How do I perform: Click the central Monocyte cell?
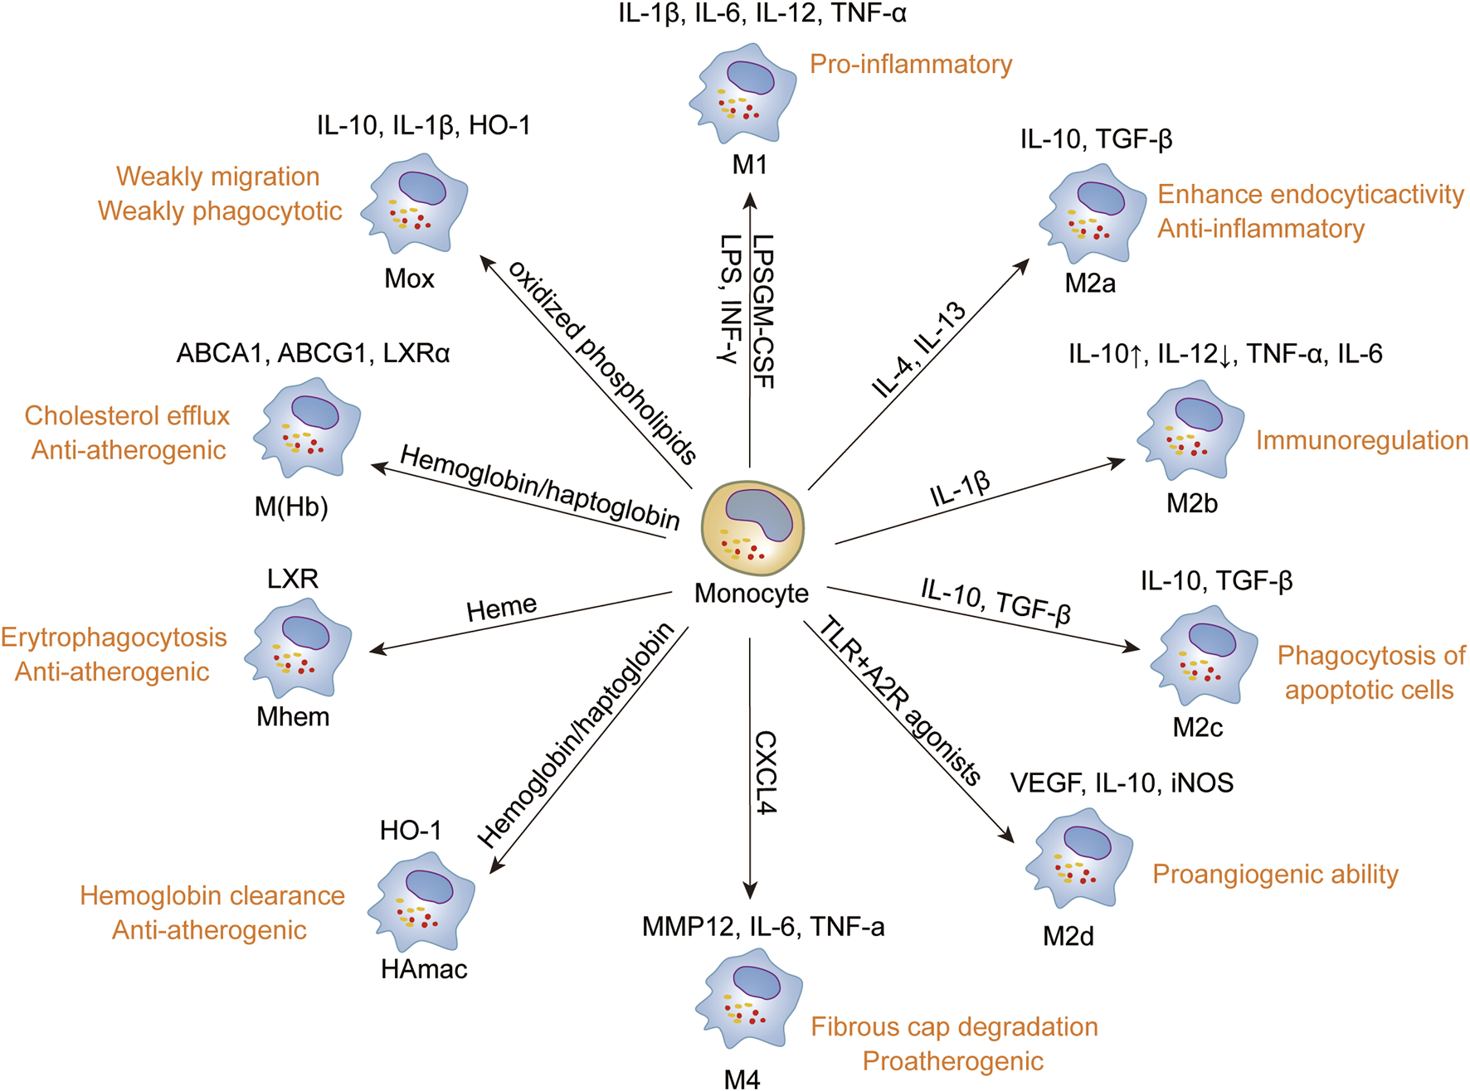tap(752, 528)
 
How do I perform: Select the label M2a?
tap(1090, 284)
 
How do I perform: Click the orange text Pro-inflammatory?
tap(911, 65)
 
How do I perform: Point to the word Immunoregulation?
tap(1361, 440)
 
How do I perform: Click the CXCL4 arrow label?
tap(765, 772)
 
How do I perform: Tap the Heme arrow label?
tap(501, 609)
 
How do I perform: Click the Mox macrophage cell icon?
tap(415, 204)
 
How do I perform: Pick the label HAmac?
tap(424, 969)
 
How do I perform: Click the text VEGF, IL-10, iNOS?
tap(1122, 783)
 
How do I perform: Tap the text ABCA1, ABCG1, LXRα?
tap(313, 354)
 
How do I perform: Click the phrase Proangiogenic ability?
tap(1275, 874)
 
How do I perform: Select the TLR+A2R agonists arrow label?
tap(900, 701)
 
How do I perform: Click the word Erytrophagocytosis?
tap(114, 638)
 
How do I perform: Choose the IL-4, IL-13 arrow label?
tap(919, 350)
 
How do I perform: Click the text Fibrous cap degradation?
tap(954, 1027)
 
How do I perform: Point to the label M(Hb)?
tap(291, 507)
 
